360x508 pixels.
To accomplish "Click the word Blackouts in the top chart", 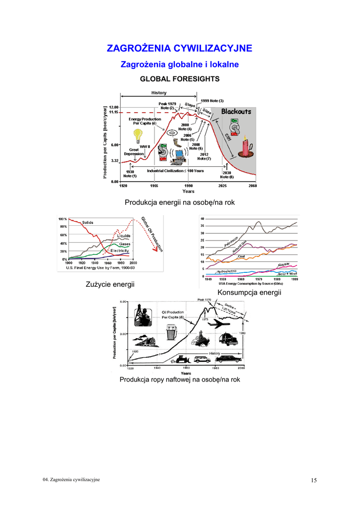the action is (236, 112).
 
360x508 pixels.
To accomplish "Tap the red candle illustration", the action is (244, 147).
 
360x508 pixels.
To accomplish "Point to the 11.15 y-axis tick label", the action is (113, 113).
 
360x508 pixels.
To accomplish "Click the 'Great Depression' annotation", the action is (134, 151).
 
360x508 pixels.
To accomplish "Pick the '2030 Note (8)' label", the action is (227, 175).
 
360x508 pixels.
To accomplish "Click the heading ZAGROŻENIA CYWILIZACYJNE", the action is (180, 48).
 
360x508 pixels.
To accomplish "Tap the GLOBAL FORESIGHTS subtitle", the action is (180, 79).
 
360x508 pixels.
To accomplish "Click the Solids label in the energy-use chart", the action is (87, 223).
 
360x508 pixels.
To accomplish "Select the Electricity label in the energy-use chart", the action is (119, 251).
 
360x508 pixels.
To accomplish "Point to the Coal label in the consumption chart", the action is (241, 256).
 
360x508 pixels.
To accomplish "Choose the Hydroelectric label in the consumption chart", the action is (226, 271).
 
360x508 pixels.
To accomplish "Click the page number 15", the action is (314, 480).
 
